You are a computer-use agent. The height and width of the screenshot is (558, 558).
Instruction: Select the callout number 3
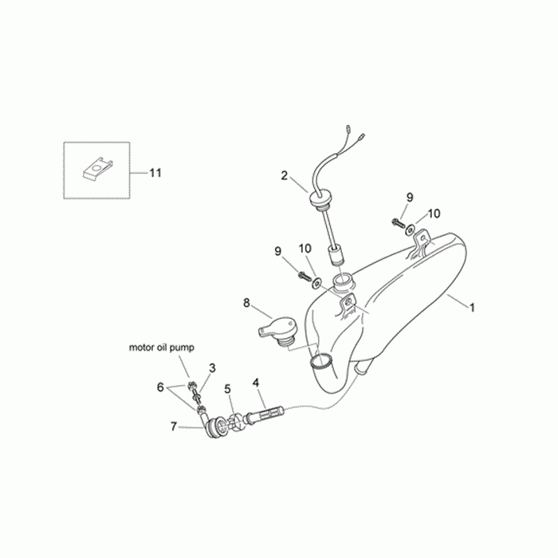click(x=212, y=367)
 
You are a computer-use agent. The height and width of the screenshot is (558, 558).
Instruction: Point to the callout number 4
click(x=256, y=382)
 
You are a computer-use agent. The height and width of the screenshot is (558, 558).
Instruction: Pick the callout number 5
click(x=227, y=390)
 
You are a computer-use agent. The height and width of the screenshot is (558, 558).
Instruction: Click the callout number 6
click(x=159, y=387)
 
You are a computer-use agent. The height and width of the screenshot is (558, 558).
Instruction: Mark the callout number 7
click(x=173, y=426)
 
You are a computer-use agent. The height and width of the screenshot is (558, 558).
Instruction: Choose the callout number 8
click(x=246, y=303)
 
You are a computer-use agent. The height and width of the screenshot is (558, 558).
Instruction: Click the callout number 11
click(x=155, y=172)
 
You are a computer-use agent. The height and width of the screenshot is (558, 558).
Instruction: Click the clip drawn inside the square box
click(x=96, y=168)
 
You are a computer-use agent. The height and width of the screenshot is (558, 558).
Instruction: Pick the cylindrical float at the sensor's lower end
click(x=335, y=258)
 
